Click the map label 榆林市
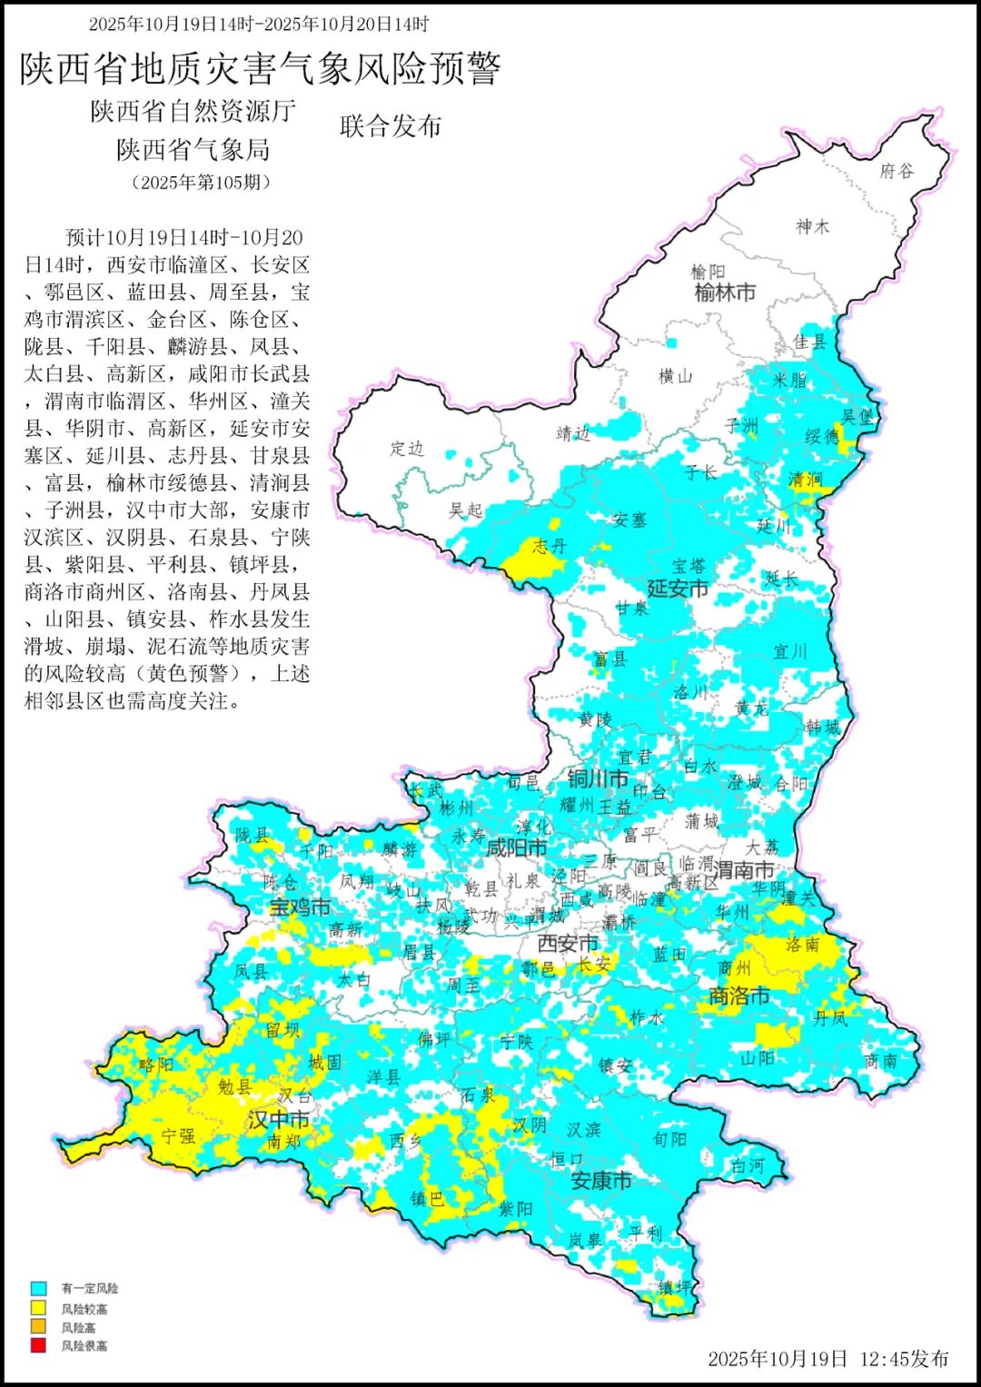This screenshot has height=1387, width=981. [x=725, y=292]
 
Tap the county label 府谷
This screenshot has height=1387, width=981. [x=897, y=171]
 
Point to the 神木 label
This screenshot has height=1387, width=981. [x=813, y=226]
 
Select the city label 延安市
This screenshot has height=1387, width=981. [x=678, y=589]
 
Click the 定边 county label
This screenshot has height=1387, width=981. [x=407, y=449]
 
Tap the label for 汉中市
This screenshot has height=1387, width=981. [x=279, y=1120]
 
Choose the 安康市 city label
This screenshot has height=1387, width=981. [x=601, y=1181]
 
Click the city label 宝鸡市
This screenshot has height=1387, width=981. [x=300, y=907]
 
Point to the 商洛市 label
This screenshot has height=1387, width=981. [x=739, y=996]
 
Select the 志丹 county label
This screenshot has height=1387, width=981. [x=550, y=545]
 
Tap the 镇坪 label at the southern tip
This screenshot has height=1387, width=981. [x=674, y=1287]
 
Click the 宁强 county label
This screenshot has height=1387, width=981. [x=178, y=1136]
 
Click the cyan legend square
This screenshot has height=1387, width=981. [x=38, y=1288]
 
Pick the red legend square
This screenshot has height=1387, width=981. [x=38, y=1345]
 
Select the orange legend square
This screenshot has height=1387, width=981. [x=38, y=1327]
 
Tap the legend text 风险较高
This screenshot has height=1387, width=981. [x=84, y=1309]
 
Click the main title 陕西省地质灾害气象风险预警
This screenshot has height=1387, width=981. [x=261, y=69]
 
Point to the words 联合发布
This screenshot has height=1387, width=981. [x=391, y=126]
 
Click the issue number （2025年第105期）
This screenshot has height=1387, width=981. [x=201, y=183]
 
